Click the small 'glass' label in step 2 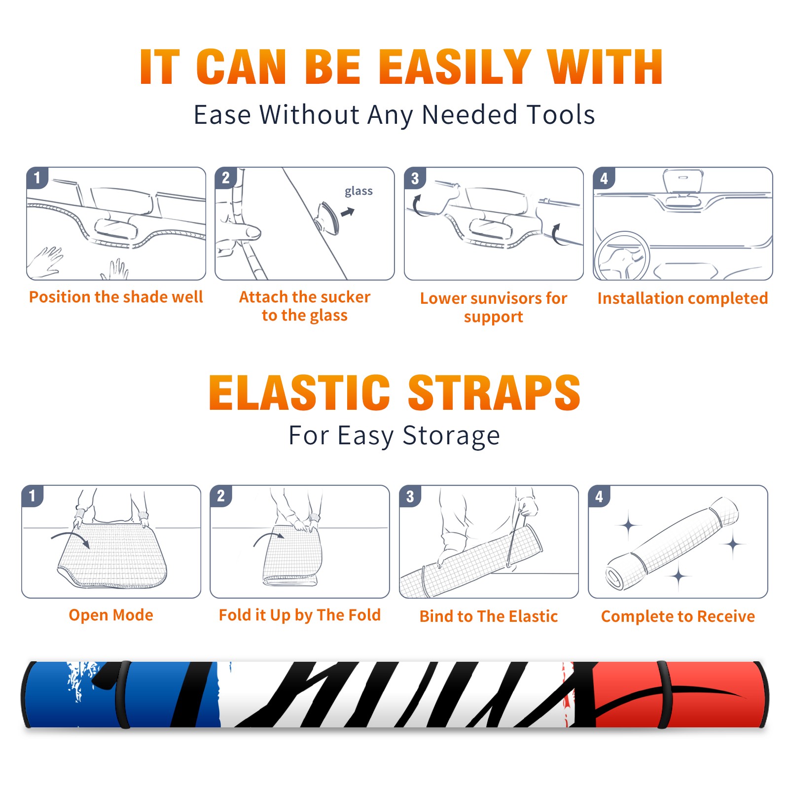(x=359, y=191)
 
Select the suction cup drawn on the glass (x=328, y=217)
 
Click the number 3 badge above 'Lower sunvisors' (x=415, y=178)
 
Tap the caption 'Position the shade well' (x=116, y=297)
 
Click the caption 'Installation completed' (x=682, y=298)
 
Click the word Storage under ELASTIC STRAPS (x=451, y=436)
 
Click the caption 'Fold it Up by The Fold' (x=300, y=615)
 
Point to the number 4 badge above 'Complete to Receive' (x=599, y=496)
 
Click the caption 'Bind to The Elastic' (x=489, y=616)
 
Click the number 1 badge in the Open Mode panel (x=32, y=496)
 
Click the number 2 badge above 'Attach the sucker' (x=226, y=178)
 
